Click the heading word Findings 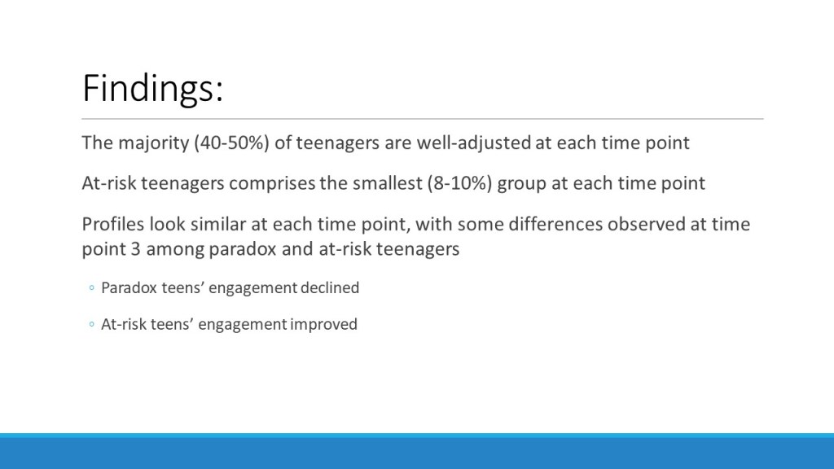pyautogui.click(x=152, y=89)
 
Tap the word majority pyautogui.click(x=154, y=143)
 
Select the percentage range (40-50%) pyautogui.click(x=231, y=143)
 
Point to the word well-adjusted pyautogui.click(x=473, y=143)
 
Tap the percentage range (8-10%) pyautogui.click(x=459, y=183)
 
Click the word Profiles pyautogui.click(x=112, y=225)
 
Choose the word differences pyautogui.click(x=555, y=225)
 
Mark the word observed pyautogui.click(x=646, y=225)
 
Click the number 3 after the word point pyautogui.click(x=135, y=249)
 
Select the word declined pyautogui.click(x=330, y=287)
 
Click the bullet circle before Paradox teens pyautogui.click(x=91, y=288)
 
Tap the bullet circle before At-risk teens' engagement pyautogui.click(x=91, y=324)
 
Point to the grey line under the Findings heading pyautogui.click(x=423, y=119)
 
